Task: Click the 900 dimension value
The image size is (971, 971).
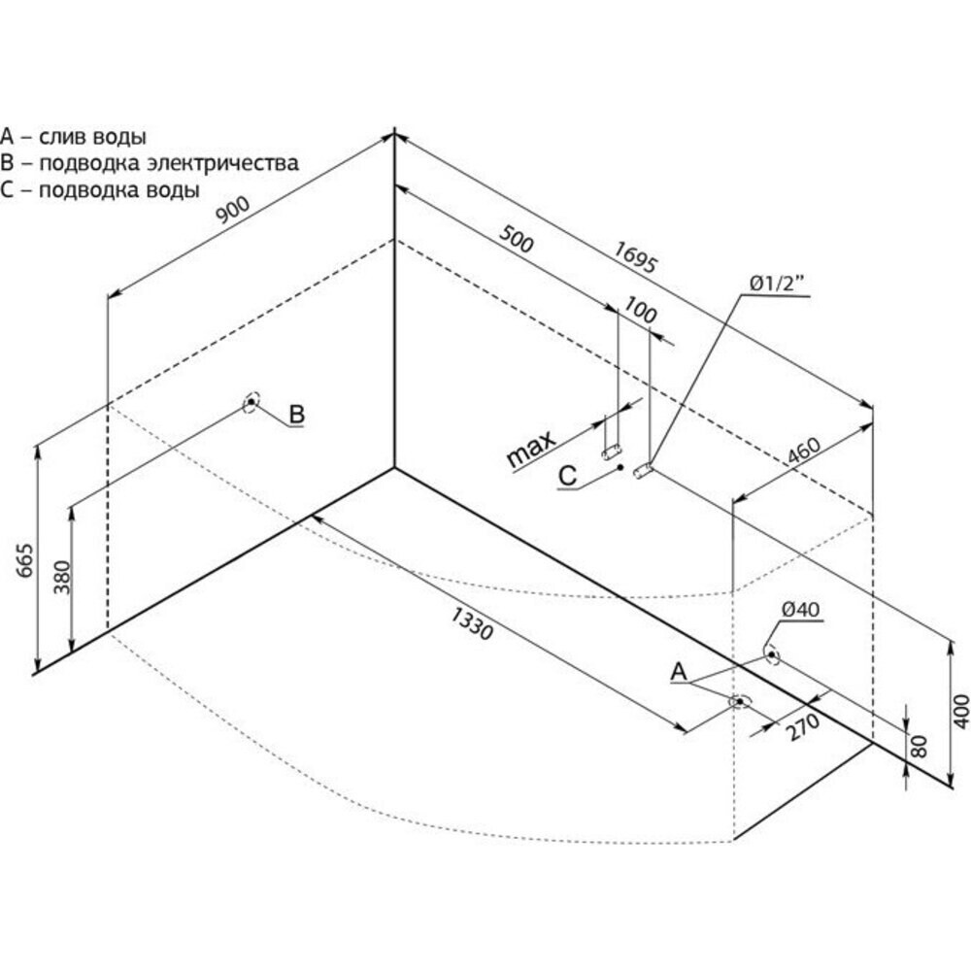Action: [234, 213]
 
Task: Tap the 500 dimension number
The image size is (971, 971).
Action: [517, 238]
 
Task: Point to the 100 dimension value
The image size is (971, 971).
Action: [641, 313]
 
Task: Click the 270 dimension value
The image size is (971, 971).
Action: [801, 725]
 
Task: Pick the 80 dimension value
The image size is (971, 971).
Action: [921, 746]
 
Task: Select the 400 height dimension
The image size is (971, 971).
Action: [961, 711]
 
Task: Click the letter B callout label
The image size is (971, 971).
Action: [297, 415]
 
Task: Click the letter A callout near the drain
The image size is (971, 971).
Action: [679, 671]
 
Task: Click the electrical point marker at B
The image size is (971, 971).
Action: [251, 401]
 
